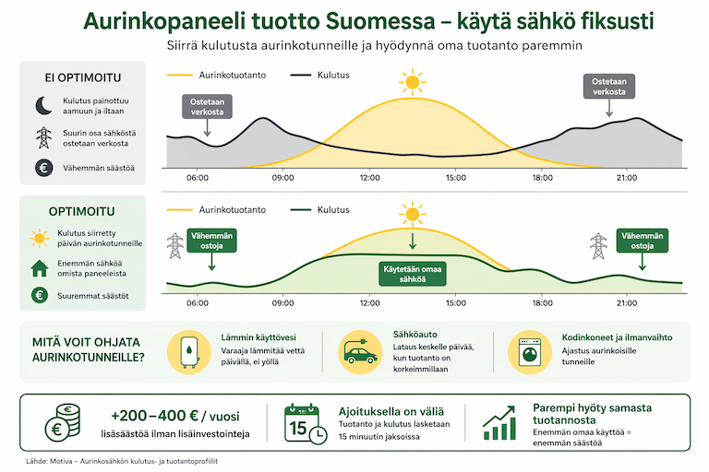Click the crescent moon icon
tap(42, 105)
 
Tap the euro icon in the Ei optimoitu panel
tap(42, 168)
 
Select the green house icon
tap(40, 268)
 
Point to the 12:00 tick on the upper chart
tap(369, 176)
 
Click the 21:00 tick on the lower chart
tap(627, 301)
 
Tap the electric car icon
tap(354, 352)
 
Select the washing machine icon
tap(529, 352)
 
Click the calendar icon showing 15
tap(304, 424)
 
